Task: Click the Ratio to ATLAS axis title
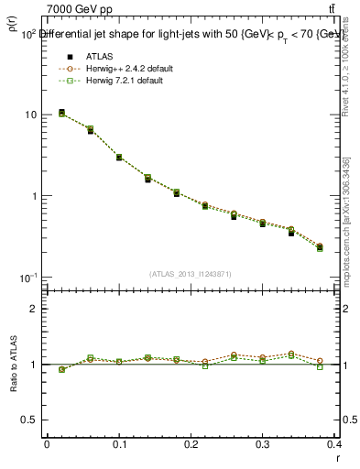coord(14,364)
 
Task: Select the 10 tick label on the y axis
coord(31,115)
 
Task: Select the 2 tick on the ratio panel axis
coord(34,310)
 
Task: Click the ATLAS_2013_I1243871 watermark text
coord(191,274)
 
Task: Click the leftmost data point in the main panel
coord(61,113)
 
